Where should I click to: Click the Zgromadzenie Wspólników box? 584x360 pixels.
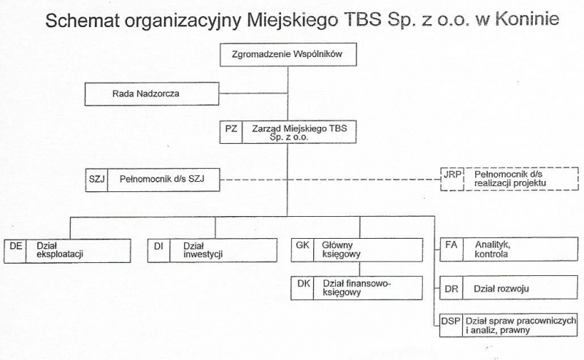click(288, 55)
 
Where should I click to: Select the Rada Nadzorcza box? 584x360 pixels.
click(152, 94)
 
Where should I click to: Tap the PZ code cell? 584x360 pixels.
click(231, 132)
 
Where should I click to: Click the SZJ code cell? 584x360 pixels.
click(96, 180)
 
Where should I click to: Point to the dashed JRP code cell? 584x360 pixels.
click(452, 179)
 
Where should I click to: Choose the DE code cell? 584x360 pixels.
click(15, 250)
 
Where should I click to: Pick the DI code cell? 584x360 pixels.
click(158, 250)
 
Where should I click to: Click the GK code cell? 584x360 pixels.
click(302, 250)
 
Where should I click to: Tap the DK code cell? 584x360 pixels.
click(302, 288)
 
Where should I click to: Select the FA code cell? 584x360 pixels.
click(451, 249)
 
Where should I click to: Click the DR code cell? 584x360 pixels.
click(451, 288)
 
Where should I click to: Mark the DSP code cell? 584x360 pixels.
click(450, 326)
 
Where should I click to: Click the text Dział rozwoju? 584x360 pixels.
click(501, 289)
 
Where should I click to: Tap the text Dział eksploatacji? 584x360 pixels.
click(60, 250)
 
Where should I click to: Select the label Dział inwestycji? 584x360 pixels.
click(203, 250)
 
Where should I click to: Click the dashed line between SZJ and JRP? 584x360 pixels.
click(330, 180)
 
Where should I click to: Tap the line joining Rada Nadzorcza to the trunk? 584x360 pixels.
click(253, 93)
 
